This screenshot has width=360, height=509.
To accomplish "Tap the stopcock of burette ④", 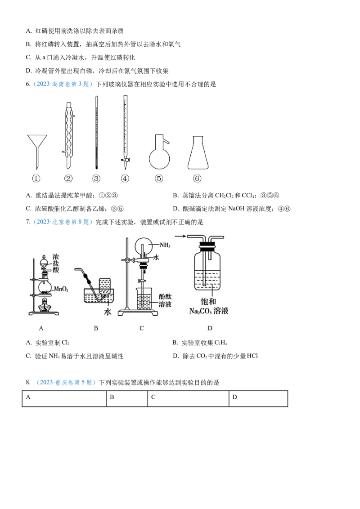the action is (x=125, y=160).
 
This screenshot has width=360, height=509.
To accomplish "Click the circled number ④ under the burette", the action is (x=125, y=178).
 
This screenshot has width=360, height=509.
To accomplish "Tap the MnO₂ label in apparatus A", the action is (x=61, y=289).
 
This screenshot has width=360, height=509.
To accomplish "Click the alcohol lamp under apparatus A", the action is (x=44, y=305).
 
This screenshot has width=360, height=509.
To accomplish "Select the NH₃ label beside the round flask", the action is (x=165, y=245).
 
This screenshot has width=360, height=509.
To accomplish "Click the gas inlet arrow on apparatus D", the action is (x=181, y=236).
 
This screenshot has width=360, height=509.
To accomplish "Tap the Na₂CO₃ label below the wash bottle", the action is (x=209, y=311).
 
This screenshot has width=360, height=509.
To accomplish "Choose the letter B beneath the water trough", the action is (x=96, y=328).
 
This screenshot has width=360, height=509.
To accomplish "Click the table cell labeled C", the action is (x=188, y=399).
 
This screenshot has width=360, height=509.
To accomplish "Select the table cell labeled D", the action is (x=258, y=399).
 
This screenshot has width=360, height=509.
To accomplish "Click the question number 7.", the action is (x=28, y=222).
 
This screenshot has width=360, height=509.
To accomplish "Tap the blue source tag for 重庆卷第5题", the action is (x=66, y=382).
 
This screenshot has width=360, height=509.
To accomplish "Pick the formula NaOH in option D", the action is (x=236, y=208).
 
